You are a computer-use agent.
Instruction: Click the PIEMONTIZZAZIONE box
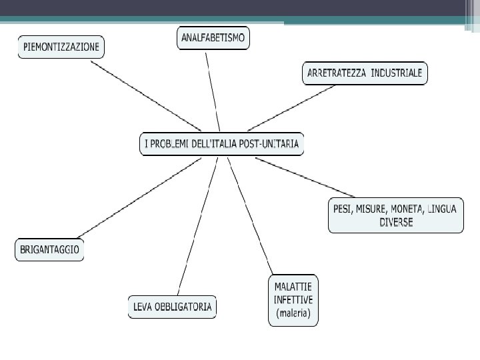coord(61,47)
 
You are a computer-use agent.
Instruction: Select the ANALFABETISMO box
coord(213,38)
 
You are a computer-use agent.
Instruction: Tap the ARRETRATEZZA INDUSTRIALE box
coord(365,73)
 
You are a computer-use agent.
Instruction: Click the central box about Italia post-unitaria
coord(221,143)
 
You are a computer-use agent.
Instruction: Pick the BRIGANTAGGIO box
coord(49,250)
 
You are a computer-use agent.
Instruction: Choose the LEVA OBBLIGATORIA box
coord(173,307)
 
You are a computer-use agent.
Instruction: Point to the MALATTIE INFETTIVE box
coord(293,300)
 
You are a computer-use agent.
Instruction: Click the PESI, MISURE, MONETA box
coord(395,215)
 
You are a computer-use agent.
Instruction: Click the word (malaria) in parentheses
coord(293,313)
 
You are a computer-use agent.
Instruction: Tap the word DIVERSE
coord(396,223)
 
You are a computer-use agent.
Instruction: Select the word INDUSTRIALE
coord(397,73)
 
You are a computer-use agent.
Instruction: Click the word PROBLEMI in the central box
coord(172,143)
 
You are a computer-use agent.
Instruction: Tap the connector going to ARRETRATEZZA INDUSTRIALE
coord(291,107)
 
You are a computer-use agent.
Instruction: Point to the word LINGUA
coord(443,209)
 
